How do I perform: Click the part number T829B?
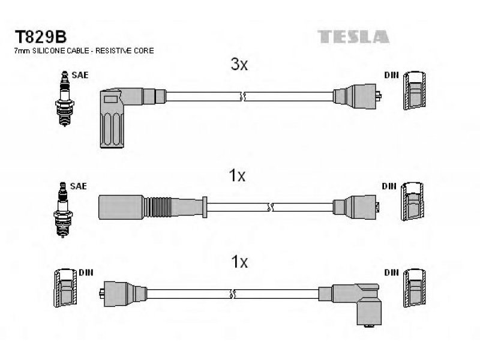tap(40, 37)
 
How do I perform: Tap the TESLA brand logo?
tap(353, 37)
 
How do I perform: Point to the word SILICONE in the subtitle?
tap(49, 51)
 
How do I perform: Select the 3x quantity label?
tap(239, 64)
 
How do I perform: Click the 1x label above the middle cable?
tap(237, 176)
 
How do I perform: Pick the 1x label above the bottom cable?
tap(239, 262)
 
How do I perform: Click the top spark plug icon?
tap(64, 98)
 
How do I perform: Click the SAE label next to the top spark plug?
tap(80, 75)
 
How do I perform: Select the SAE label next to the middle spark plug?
tap(79, 186)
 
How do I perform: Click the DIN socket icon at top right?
tap(414, 91)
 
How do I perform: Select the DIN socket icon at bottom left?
tap(65, 288)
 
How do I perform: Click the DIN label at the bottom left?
tap(86, 272)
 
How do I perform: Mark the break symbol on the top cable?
tap(243, 97)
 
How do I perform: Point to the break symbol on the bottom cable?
tap(232, 294)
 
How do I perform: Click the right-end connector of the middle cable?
tap(356, 207)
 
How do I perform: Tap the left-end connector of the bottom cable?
tap(123, 294)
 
